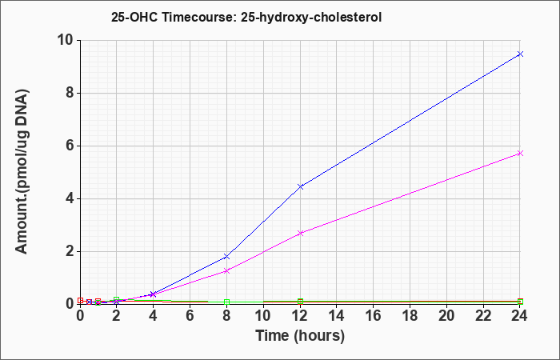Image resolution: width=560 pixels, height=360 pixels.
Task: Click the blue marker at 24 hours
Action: pos(520,54)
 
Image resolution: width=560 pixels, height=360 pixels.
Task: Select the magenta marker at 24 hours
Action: pos(520,154)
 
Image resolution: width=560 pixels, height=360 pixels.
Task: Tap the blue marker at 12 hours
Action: pos(300,186)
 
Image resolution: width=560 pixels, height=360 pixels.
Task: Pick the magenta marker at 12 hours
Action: pos(300,233)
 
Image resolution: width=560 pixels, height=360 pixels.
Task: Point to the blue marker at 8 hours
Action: pos(226,257)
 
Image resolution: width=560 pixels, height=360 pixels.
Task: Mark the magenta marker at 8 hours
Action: pos(226,270)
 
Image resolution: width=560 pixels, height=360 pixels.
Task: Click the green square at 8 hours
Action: pos(226,302)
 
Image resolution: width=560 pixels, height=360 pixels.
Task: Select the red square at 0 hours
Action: pos(80,300)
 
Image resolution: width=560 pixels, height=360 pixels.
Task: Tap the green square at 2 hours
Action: pos(117,299)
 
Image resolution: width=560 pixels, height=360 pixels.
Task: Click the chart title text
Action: pos(246,17)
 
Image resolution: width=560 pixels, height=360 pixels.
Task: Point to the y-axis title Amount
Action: pos(22,171)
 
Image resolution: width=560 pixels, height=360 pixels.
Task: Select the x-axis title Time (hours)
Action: pos(300,336)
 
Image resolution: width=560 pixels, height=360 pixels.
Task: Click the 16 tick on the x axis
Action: pos(374,316)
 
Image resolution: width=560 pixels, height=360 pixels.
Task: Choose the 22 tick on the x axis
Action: pos(483,316)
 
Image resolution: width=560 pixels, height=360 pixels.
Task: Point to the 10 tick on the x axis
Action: pos(263,316)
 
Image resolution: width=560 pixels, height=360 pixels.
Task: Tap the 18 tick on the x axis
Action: pos(410,316)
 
